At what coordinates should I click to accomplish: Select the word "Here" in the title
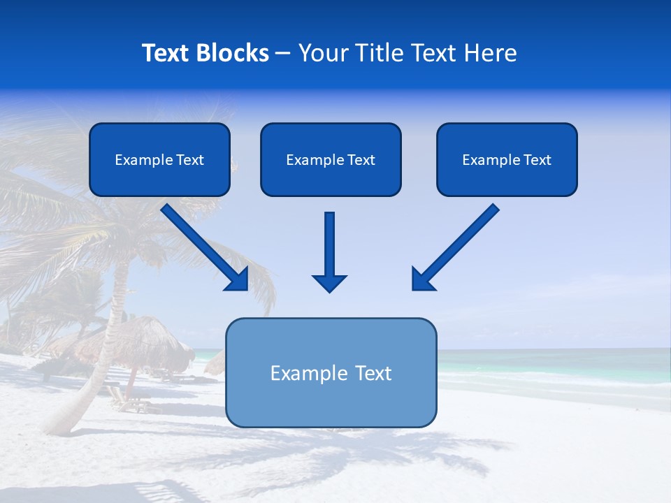pyautogui.click(x=493, y=53)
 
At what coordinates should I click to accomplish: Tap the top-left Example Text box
pyautogui.click(x=159, y=160)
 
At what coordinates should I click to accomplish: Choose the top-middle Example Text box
pyautogui.click(x=331, y=160)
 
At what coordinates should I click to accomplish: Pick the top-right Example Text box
pyautogui.click(x=507, y=160)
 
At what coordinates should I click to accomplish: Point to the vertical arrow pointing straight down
pyautogui.click(x=329, y=245)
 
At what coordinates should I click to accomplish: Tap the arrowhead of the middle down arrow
pyautogui.click(x=329, y=282)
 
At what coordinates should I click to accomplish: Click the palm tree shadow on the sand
pyautogui.click(x=391, y=454)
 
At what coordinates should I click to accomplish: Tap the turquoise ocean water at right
pyautogui.click(x=559, y=367)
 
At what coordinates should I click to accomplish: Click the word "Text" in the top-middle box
pyautogui.click(x=361, y=160)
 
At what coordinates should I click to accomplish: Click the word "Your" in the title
pyautogui.click(x=322, y=53)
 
